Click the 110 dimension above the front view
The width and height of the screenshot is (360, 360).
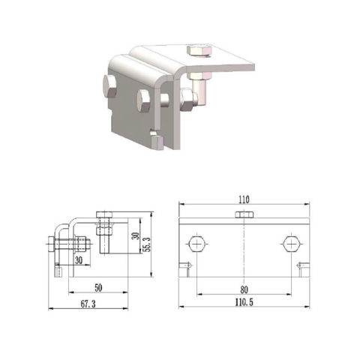[x=244, y=201]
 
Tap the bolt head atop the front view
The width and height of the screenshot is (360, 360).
[x=244, y=215]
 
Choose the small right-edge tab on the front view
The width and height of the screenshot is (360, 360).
[x=304, y=265]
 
